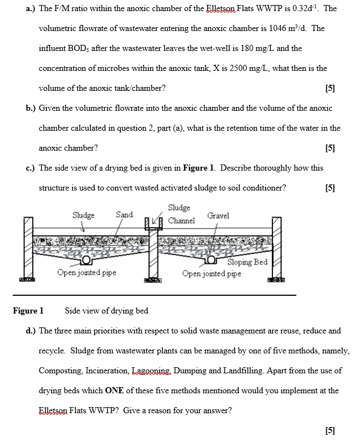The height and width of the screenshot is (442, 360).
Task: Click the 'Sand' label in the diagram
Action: (x=124, y=214)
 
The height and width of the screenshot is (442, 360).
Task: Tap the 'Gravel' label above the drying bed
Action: (x=218, y=215)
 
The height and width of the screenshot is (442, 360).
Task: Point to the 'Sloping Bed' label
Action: (x=247, y=262)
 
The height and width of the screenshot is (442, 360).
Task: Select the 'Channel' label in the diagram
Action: (x=181, y=220)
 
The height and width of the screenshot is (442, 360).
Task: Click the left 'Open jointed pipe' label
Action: (x=87, y=273)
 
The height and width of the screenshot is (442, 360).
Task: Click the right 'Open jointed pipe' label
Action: (x=212, y=273)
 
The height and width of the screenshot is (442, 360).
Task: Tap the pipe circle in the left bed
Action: (x=87, y=261)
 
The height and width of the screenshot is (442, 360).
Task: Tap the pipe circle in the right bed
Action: (x=211, y=261)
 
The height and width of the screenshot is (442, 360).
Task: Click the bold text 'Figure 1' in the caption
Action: (x=28, y=311)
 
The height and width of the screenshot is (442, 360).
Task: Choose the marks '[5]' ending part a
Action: (x=331, y=89)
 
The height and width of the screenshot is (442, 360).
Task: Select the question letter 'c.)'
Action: (x=30, y=168)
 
